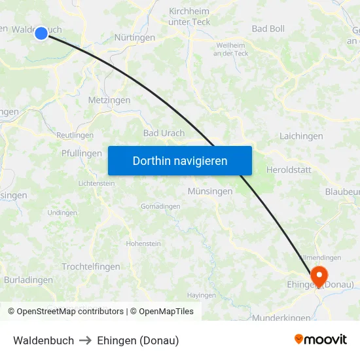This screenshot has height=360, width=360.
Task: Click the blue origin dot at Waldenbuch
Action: point(41,33)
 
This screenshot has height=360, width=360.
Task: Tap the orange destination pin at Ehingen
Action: point(319,276)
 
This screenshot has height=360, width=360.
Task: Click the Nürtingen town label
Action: point(135,38)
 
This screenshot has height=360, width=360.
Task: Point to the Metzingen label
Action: point(109,100)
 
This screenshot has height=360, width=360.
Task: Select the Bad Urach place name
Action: point(164,133)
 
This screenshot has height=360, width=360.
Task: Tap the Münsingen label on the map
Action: point(209,192)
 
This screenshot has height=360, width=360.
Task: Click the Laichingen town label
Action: point(301,136)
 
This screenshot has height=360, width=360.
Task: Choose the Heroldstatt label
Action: point(289,170)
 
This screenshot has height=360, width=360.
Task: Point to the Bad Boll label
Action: point(268,29)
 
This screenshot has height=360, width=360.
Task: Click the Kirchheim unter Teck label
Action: point(189,17)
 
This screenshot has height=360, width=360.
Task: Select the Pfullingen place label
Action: point(82,153)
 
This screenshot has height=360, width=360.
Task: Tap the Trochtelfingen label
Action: point(91,266)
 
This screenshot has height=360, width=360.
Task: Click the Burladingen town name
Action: point(28,279)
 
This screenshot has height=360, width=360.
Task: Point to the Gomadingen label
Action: point(160,206)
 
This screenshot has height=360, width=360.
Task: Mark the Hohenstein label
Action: point(143,243)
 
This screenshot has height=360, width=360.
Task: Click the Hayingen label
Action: point(201,295)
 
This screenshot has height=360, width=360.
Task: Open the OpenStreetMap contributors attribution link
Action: point(70,312)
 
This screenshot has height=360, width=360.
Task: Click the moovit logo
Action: point(321,339)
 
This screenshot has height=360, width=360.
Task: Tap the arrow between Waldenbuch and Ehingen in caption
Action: point(86,340)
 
